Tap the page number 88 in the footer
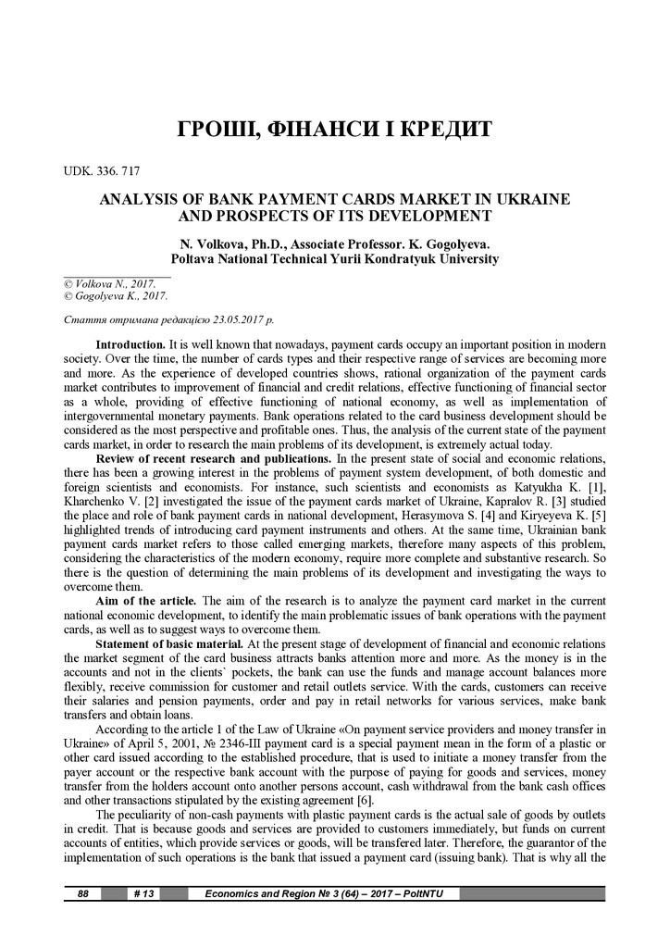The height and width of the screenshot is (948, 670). tap(82, 893)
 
